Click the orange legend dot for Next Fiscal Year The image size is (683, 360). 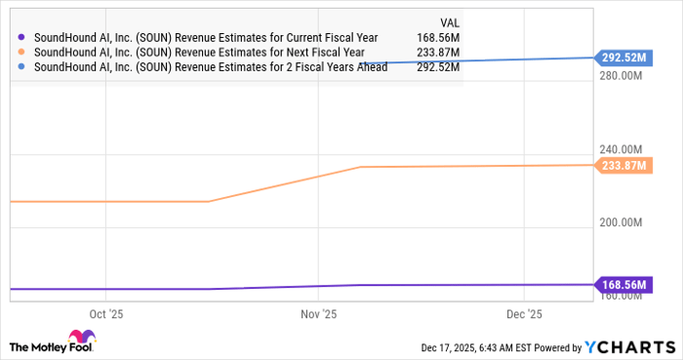[x=22, y=53]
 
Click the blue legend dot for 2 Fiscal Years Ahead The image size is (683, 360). [x=22, y=67]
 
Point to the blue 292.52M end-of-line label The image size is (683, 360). [x=623, y=58]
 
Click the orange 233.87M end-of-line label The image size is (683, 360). [x=623, y=166]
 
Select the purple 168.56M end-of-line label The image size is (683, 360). [x=623, y=285]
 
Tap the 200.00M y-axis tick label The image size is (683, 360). [x=621, y=223]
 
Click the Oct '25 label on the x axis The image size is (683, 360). [x=106, y=315]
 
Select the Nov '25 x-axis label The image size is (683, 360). [x=318, y=315]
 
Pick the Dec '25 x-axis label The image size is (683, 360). [x=525, y=315]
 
